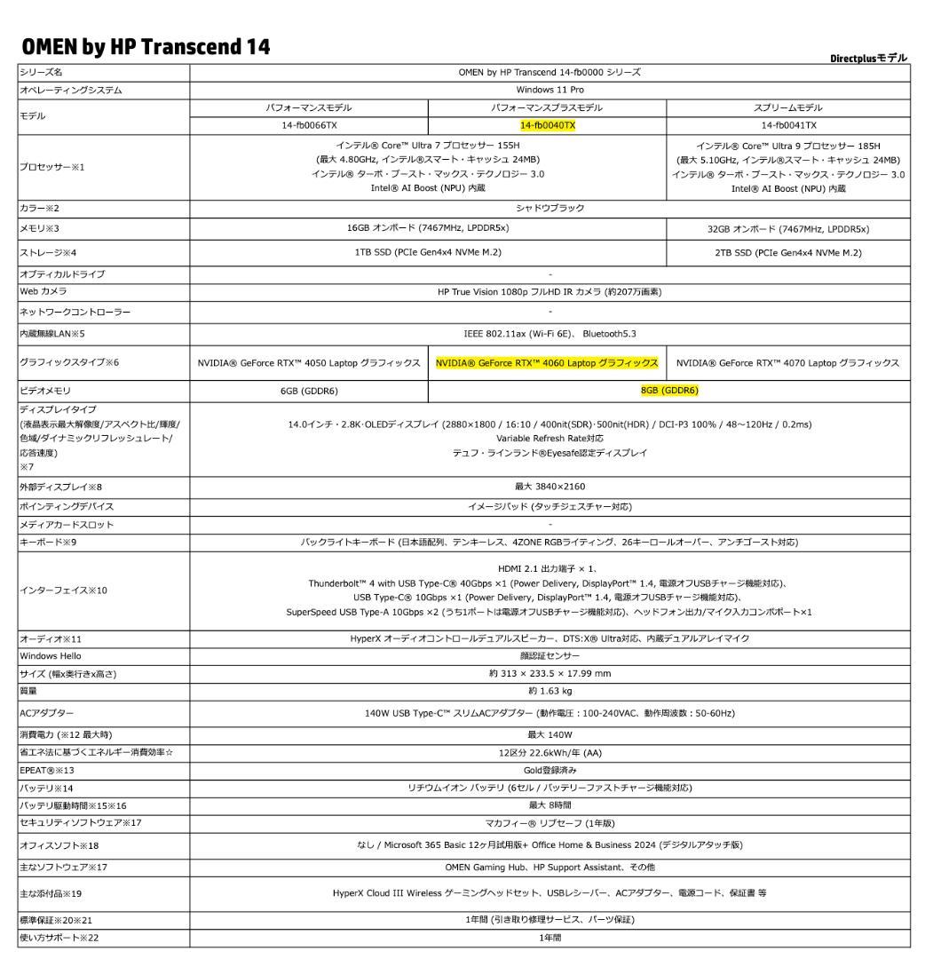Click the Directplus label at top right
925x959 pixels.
click(868, 58)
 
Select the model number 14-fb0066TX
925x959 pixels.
click(308, 125)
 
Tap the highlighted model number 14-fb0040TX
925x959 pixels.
click(547, 125)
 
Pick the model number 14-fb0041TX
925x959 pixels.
click(788, 125)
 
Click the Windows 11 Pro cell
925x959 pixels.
click(549, 90)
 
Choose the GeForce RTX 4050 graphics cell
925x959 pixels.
click(308, 362)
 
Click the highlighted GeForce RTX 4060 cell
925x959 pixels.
click(547, 362)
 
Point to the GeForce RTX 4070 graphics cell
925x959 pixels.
click(788, 362)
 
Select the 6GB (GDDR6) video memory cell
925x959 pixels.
click(308, 390)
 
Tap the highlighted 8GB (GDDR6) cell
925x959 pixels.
click(669, 390)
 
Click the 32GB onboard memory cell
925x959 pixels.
click(788, 228)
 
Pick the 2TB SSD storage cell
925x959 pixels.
click(788, 252)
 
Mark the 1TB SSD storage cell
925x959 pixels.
click(428, 252)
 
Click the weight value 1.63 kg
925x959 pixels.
click(549, 691)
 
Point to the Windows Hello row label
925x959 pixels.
click(51, 655)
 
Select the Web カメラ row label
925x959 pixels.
click(43, 291)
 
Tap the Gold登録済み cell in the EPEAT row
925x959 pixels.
click(549, 769)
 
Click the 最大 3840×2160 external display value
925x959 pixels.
click(549, 486)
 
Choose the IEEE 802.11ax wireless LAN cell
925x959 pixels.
click(549, 333)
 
